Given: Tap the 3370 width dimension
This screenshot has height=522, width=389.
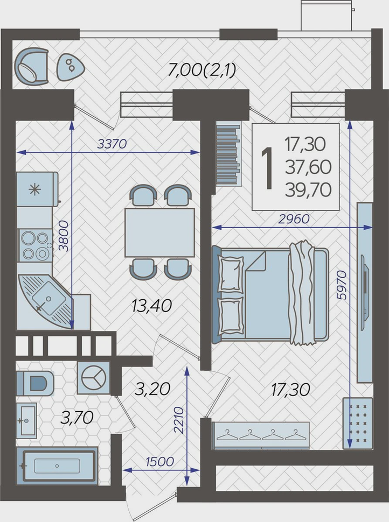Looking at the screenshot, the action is (x=112, y=144).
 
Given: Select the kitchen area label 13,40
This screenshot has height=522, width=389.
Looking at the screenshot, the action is (x=151, y=306).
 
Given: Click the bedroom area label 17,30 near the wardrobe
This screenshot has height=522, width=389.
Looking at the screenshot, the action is (x=290, y=390).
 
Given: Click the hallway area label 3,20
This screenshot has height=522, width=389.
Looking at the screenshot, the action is (x=152, y=389).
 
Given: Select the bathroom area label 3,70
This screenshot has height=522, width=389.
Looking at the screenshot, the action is (x=77, y=418).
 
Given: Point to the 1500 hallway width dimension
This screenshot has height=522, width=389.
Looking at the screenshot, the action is (x=159, y=462).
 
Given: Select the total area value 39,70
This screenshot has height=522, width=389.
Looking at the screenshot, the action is (x=308, y=190).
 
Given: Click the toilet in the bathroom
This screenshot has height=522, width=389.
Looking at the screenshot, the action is (x=35, y=384).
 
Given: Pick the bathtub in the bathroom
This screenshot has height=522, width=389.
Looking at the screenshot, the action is (x=57, y=465).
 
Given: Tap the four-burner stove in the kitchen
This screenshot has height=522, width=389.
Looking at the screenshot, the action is (x=34, y=246).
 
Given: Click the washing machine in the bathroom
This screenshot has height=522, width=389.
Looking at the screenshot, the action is (x=93, y=378).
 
